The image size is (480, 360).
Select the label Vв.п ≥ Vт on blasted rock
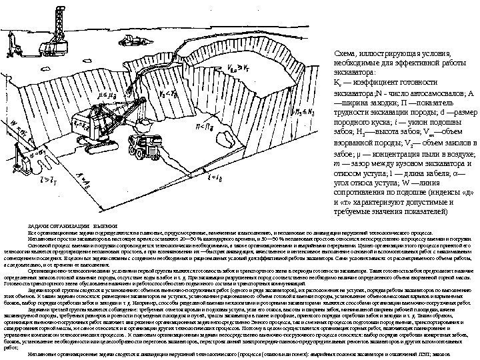(x=238, y=67)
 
